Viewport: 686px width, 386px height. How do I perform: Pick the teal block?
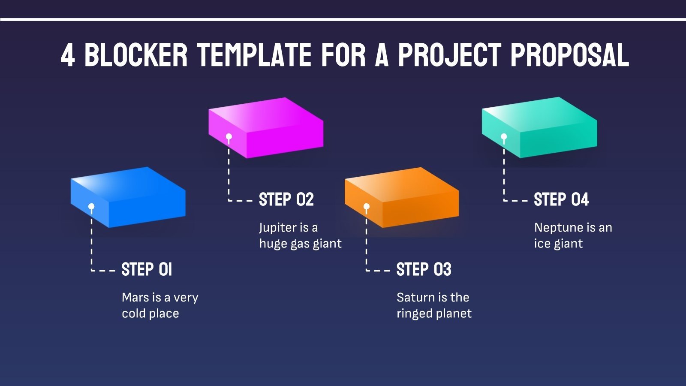tap(540, 127)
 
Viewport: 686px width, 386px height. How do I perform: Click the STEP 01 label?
tap(147, 270)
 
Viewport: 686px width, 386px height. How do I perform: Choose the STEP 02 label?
tap(286, 200)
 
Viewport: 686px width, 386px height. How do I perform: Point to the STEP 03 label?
tap(424, 270)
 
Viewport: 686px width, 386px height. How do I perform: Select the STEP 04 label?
tap(561, 200)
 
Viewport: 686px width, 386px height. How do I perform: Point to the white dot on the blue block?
tap(91, 207)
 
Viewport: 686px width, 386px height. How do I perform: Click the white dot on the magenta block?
tap(229, 137)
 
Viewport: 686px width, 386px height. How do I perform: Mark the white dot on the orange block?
tap(366, 207)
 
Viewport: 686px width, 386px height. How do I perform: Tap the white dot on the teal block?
tap(504, 137)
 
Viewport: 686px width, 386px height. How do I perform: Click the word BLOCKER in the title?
tap(136, 55)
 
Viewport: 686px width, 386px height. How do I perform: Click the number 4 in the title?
tap(68, 55)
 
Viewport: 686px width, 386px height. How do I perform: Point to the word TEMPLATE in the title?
tap(254, 55)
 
